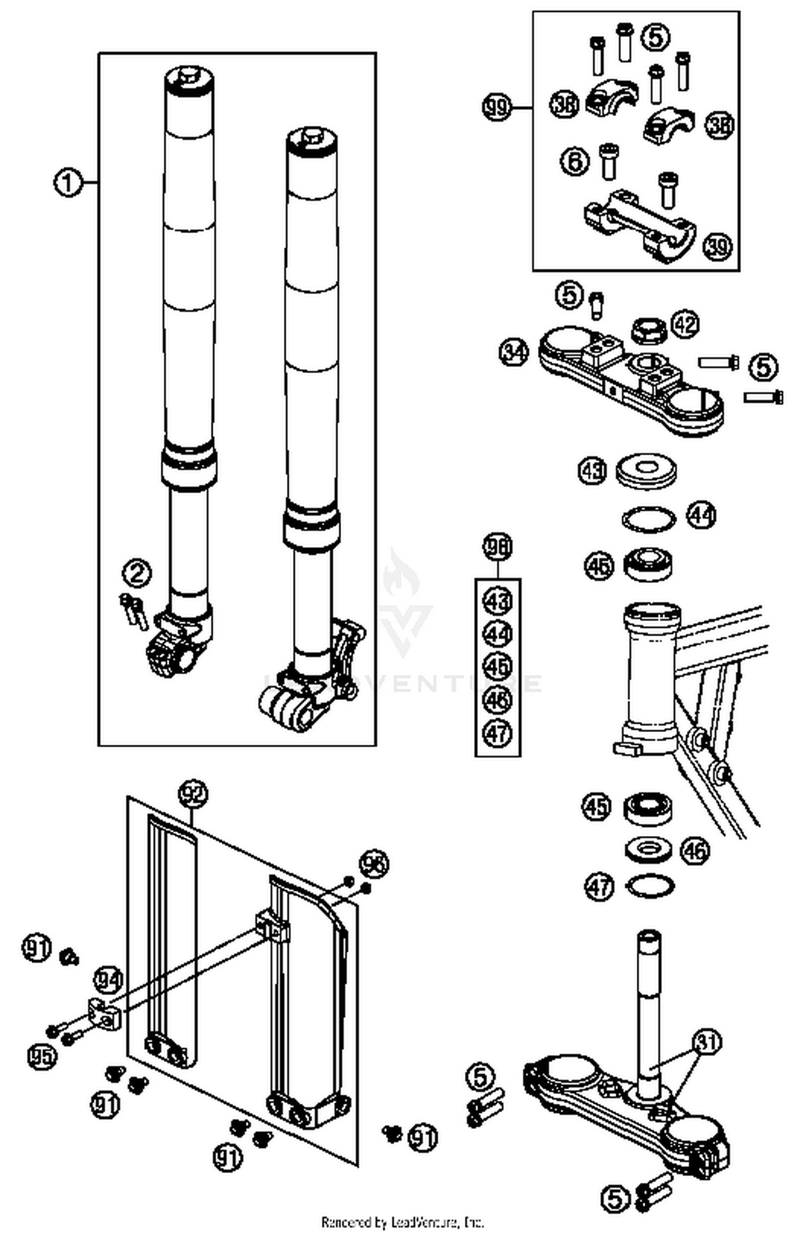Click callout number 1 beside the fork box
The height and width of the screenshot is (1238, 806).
[68, 183]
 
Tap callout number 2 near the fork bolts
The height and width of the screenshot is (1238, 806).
[137, 573]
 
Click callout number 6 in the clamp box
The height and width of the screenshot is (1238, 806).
[574, 160]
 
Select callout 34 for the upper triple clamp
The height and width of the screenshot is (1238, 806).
[513, 352]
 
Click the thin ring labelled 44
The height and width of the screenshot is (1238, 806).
[649, 519]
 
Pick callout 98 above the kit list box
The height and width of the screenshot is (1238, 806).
[498, 546]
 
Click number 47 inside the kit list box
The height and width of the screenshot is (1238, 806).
[498, 732]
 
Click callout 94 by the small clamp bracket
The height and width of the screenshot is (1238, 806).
[109, 979]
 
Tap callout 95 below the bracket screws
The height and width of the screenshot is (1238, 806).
[42, 1056]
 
